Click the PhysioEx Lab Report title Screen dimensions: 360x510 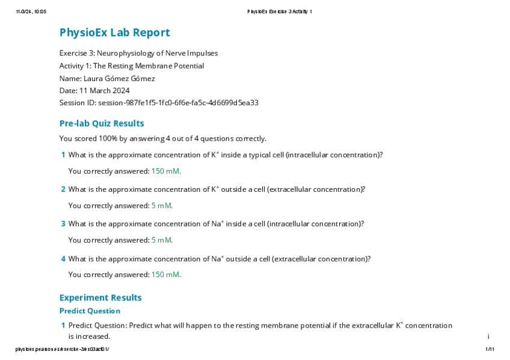coord(114,33)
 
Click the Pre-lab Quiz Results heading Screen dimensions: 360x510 coord(102,124)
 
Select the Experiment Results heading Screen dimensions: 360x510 coord(100,298)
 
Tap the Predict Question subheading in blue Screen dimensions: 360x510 coord(90,311)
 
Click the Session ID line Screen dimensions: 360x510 coord(159,103)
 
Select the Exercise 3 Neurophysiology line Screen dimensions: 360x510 coord(138,53)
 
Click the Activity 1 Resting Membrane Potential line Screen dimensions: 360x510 coord(131,66)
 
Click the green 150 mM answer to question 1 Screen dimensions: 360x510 coord(166,171)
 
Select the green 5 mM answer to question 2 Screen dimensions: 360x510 coord(162,206)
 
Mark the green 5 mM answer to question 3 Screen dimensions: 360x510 coord(162,240)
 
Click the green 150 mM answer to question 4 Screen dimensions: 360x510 coord(166,275)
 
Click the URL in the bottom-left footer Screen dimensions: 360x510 coord(63,349)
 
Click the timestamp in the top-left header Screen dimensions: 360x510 coord(31,12)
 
